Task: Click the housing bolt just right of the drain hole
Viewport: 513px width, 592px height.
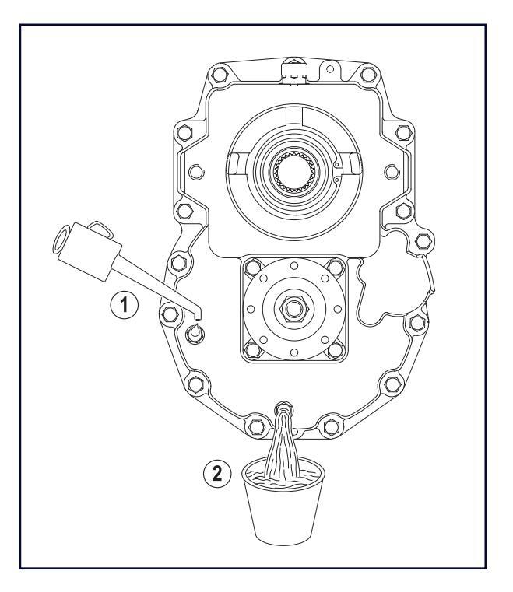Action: point(330,426)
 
